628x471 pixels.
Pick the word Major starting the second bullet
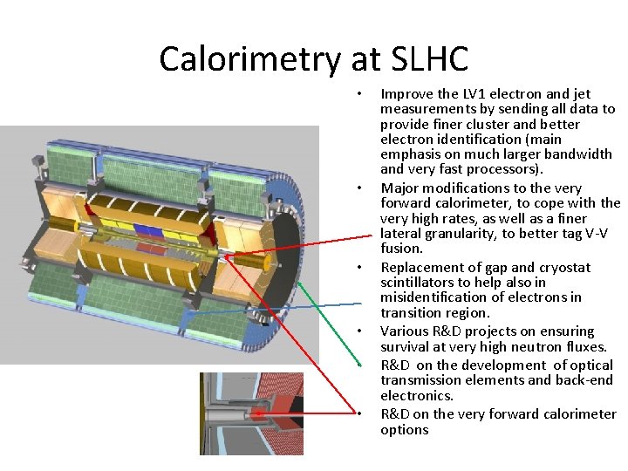coord(400,188)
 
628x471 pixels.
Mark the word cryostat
coord(564,267)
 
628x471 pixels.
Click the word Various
coord(404,331)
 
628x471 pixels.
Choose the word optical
coord(593,365)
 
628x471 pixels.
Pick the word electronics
coord(416,395)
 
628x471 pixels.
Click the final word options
coord(405,429)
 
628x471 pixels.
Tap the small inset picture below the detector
coord(251,413)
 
